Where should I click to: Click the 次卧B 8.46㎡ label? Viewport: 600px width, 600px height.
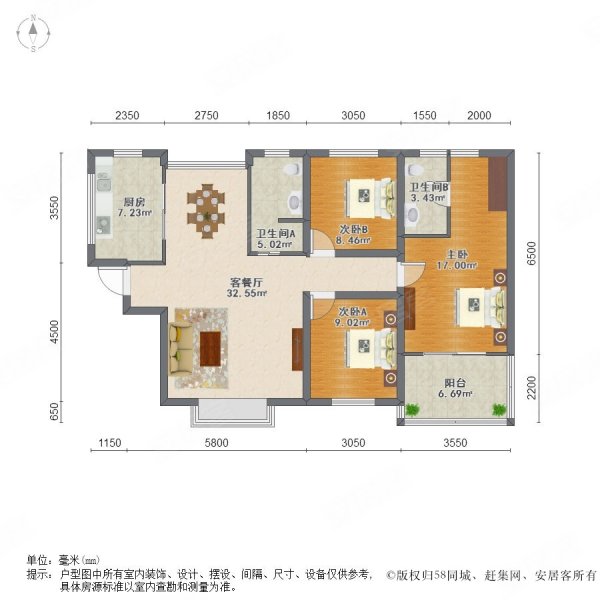tap(353, 234)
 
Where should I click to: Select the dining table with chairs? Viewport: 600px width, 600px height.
tap(208, 208)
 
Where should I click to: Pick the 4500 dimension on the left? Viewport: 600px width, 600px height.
tap(59, 330)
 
